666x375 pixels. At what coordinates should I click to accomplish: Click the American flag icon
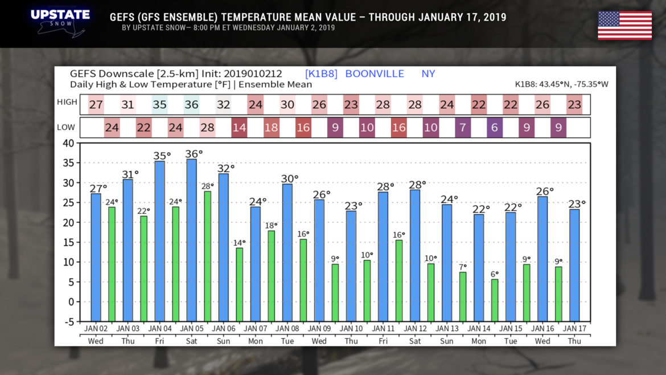click(624, 25)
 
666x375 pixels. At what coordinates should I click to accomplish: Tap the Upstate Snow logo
click(60, 21)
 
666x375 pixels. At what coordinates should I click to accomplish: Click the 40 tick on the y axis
click(68, 143)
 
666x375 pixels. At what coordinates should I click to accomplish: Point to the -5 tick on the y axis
click(68, 321)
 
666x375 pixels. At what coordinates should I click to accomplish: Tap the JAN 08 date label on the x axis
click(287, 329)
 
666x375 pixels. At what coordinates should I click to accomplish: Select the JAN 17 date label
click(574, 329)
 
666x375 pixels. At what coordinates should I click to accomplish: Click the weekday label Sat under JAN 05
click(191, 341)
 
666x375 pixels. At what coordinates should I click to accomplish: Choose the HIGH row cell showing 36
click(191, 105)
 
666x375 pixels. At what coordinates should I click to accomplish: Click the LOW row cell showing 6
click(495, 128)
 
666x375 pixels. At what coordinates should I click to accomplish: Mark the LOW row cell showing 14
click(239, 128)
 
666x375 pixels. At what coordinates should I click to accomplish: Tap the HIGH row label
click(67, 102)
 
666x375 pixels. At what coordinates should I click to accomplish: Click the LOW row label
click(65, 127)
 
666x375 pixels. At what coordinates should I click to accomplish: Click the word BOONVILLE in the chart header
click(375, 74)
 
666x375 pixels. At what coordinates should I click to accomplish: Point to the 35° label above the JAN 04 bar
click(162, 156)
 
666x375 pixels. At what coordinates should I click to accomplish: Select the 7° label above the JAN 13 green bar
click(463, 267)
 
